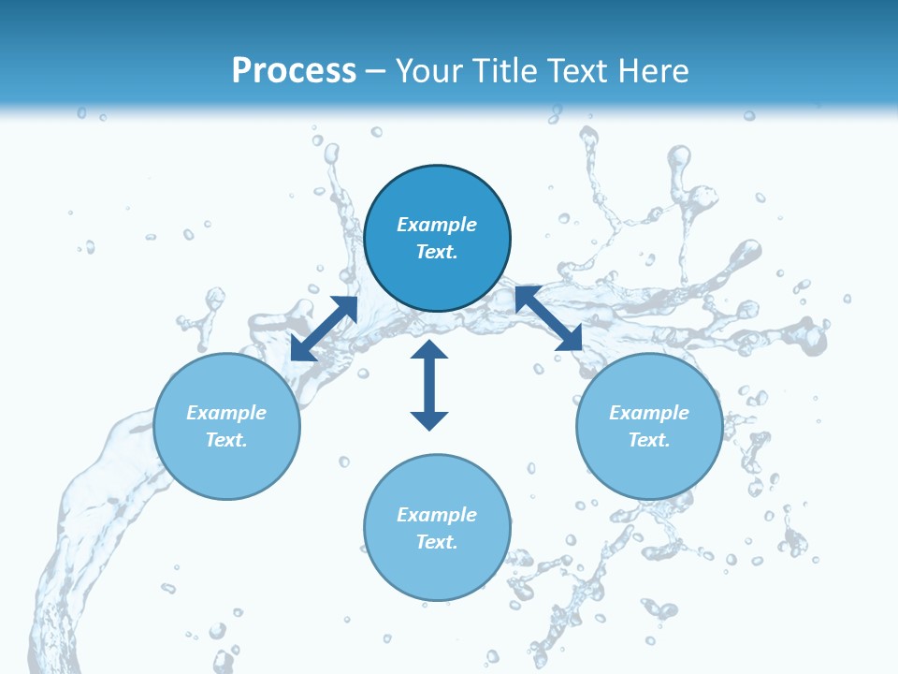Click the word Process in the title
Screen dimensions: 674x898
tap(294, 70)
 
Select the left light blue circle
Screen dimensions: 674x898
tap(226, 468)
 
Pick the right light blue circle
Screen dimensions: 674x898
tap(649, 468)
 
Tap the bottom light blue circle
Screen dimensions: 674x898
tap(437, 571)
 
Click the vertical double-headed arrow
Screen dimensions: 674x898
tap(429, 385)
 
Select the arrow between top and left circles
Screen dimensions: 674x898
tap(325, 328)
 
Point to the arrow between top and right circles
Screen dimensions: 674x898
tap(548, 319)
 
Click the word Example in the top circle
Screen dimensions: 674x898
tap(437, 225)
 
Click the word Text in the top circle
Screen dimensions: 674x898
tap(437, 252)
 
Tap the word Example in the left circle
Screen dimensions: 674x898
tap(226, 413)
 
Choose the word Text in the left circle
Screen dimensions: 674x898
tap(226, 440)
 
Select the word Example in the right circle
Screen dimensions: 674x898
tap(649, 413)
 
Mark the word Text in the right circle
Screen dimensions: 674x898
tap(649, 440)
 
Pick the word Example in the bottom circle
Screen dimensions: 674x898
tap(437, 515)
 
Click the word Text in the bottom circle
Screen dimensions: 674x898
tap(437, 542)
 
